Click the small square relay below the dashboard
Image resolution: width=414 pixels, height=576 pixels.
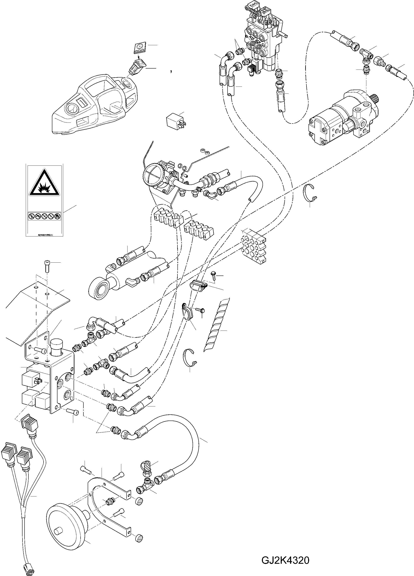[x=175, y=121]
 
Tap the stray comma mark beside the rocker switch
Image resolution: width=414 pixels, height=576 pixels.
[x=172, y=72]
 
